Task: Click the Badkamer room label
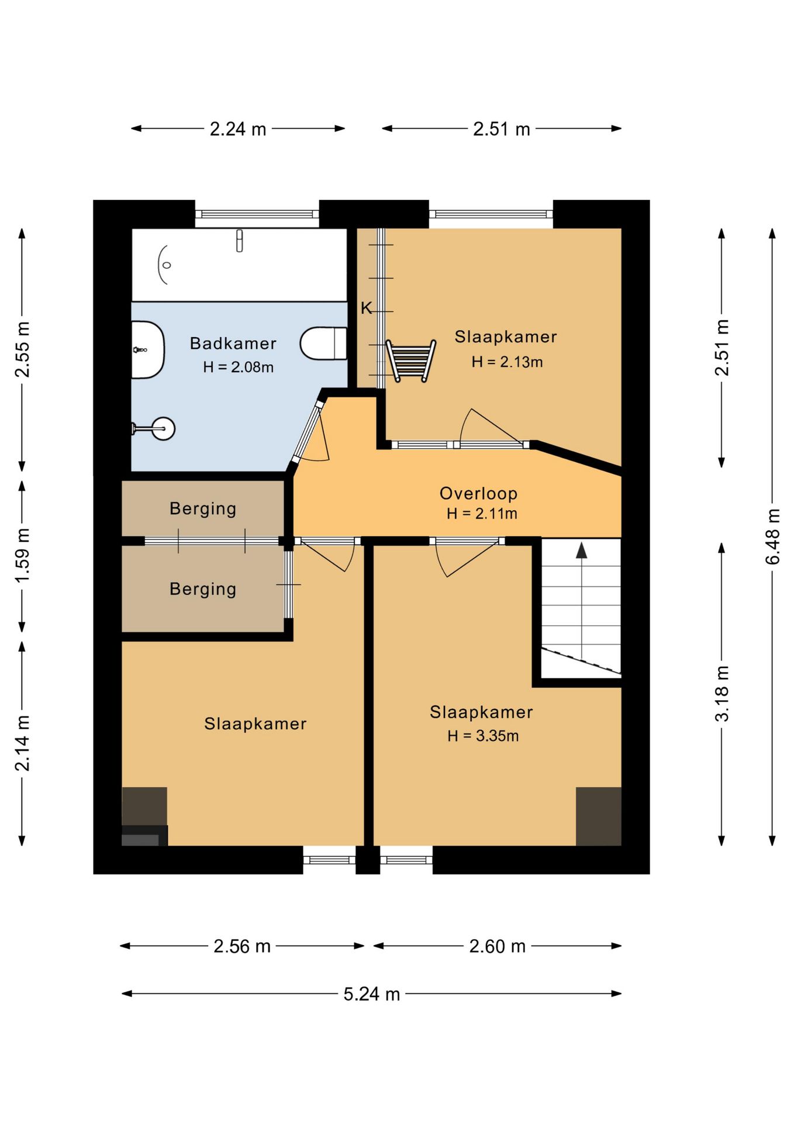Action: click(233, 343)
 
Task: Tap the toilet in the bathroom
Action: click(323, 343)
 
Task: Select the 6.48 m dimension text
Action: click(772, 536)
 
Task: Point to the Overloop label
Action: click(478, 493)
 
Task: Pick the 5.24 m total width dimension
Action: click(372, 994)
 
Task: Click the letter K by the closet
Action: click(366, 308)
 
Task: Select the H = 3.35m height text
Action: click(483, 736)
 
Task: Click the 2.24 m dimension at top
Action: click(238, 129)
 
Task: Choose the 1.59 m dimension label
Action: click(22, 555)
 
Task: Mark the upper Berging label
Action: click(203, 509)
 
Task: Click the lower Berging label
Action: click(203, 589)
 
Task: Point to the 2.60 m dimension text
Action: click(498, 946)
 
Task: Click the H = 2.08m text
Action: click(238, 367)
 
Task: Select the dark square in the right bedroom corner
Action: click(598, 816)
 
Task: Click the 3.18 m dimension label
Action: click(722, 694)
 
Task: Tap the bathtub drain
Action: click(167, 265)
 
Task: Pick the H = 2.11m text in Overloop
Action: click(482, 514)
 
